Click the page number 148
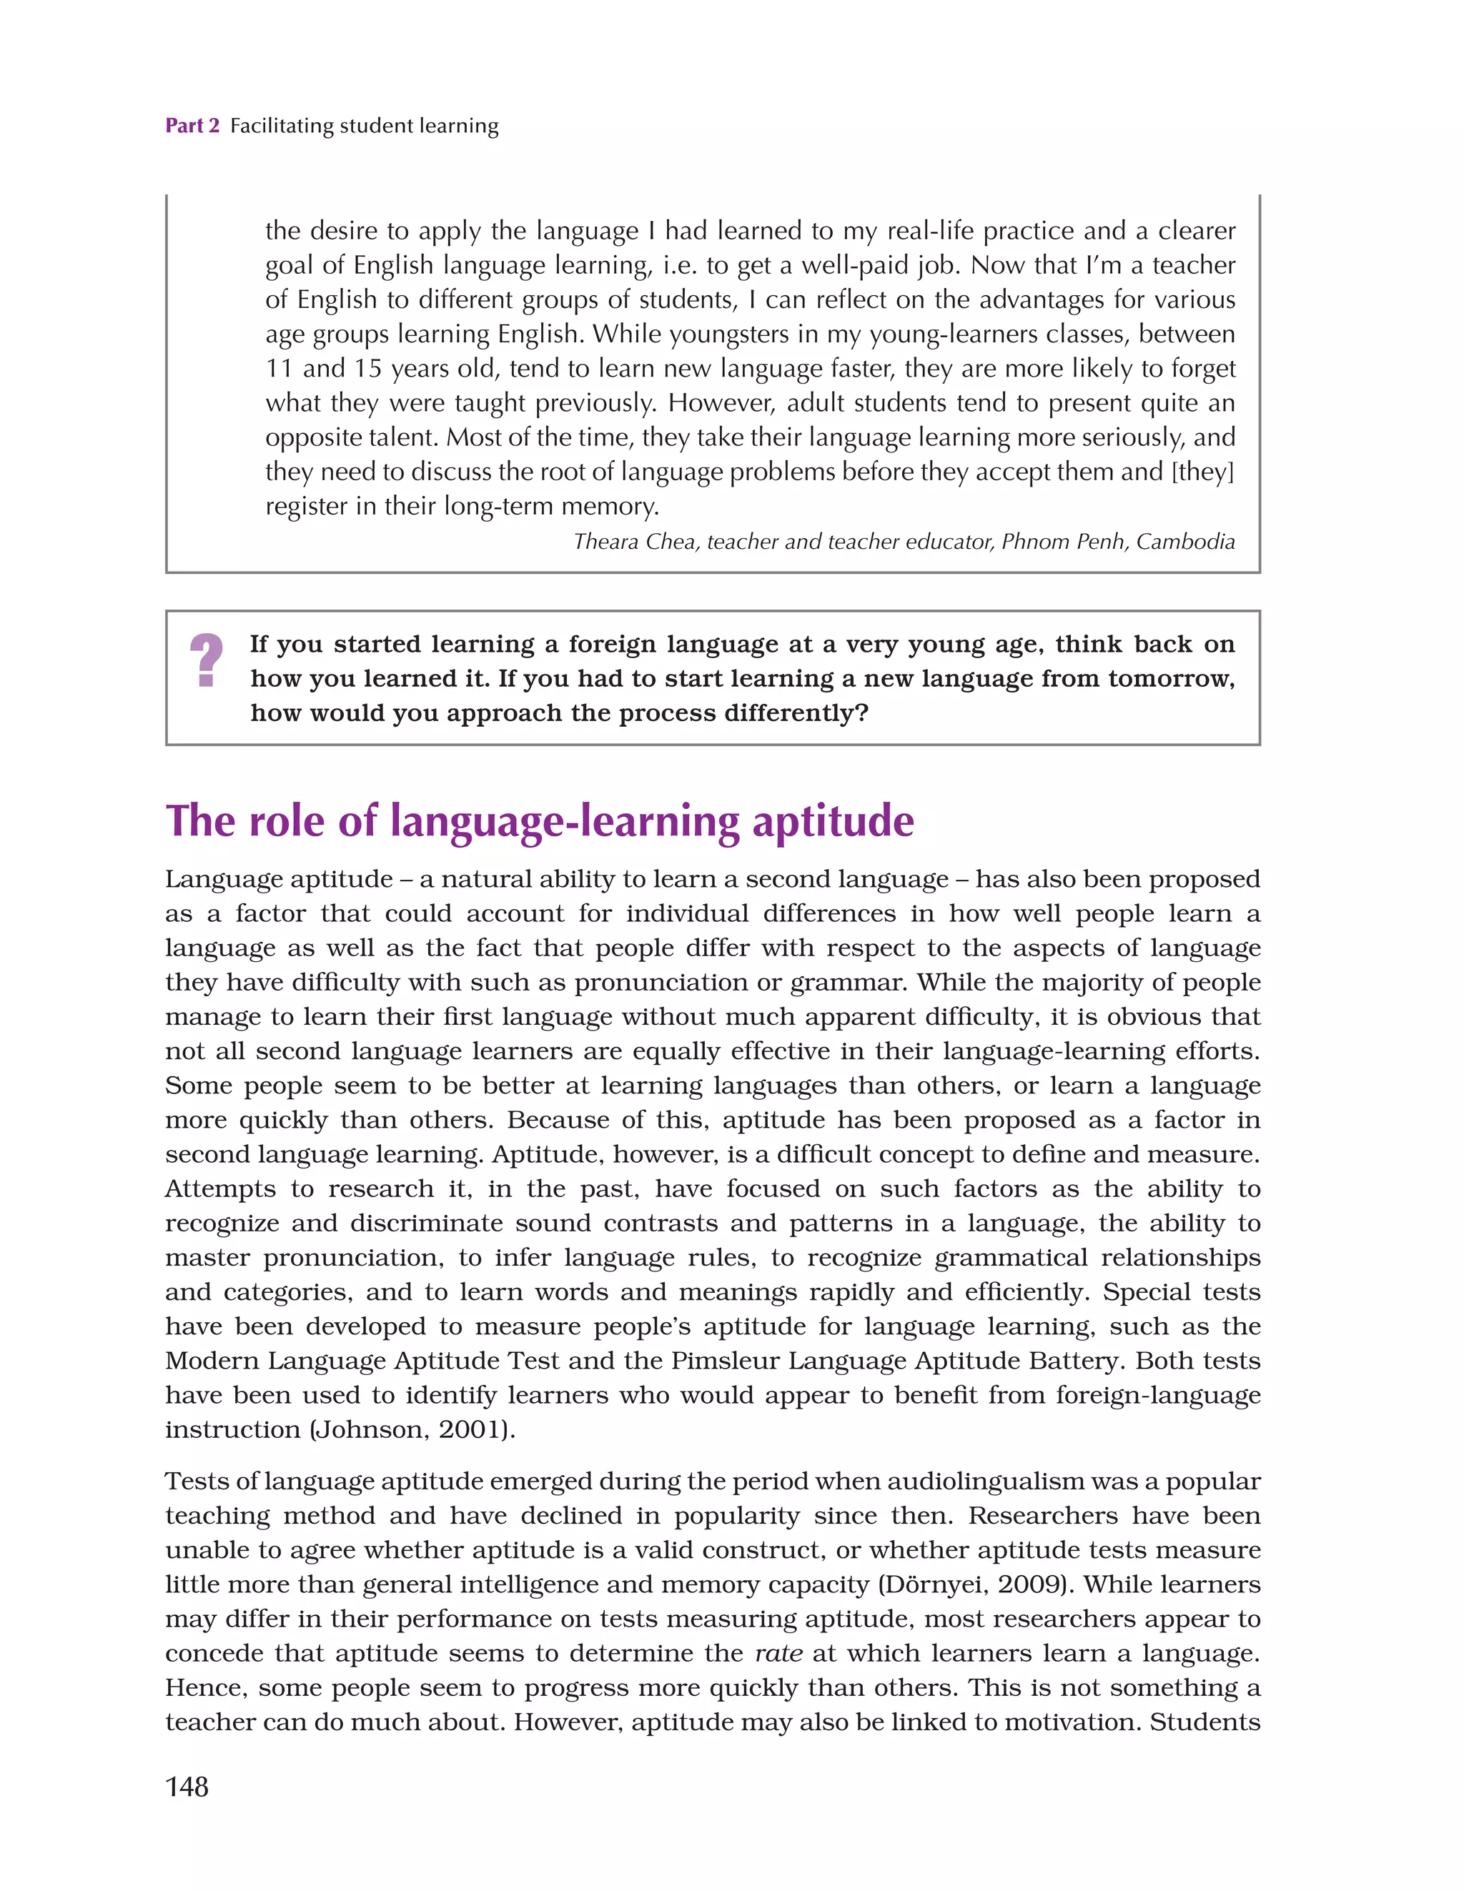point(187,1786)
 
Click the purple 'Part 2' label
point(192,126)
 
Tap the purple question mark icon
point(206,660)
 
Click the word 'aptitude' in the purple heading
point(833,821)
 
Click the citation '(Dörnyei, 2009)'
point(976,1584)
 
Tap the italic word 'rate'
point(778,1653)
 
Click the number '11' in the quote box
point(278,369)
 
